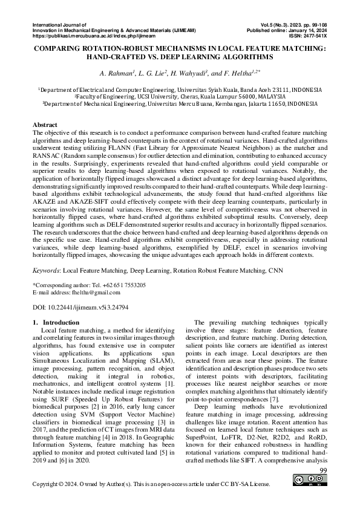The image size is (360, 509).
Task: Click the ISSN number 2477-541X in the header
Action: [309, 36]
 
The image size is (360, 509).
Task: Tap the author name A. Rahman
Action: [117, 73]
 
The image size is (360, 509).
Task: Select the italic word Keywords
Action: [46, 271]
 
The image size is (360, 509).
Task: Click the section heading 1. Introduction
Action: [55, 323]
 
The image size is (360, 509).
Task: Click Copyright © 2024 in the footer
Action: [56, 485]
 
